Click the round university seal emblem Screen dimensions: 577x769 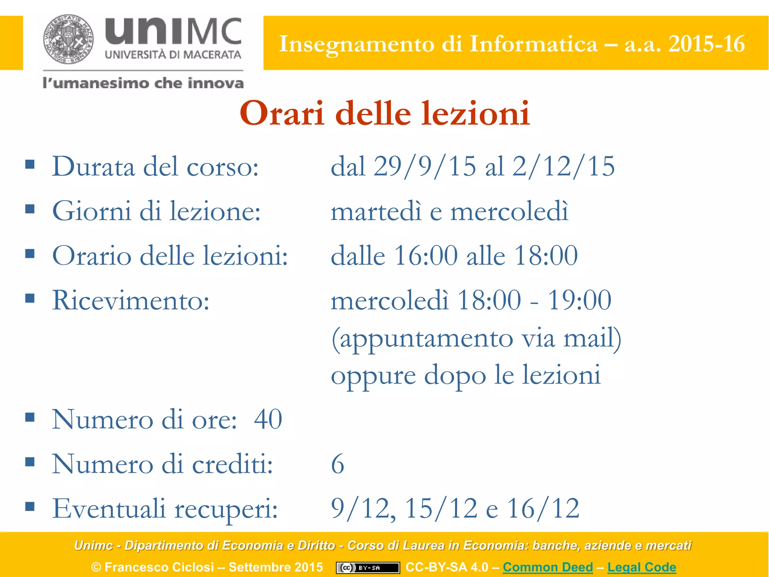[x=68, y=39]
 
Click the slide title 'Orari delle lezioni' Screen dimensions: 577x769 [x=384, y=113]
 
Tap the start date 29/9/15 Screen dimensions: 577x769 [x=424, y=166]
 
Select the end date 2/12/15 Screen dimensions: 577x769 [x=563, y=166]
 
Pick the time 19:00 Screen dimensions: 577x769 [x=579, y=301]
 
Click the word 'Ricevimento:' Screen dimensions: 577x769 [x=131, y=301]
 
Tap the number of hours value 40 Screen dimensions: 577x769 [x=268, y=419]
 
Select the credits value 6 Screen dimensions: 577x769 [x=337, y=464]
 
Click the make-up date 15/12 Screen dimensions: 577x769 [x=441, y=509]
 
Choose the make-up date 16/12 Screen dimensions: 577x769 [x=543, y=509]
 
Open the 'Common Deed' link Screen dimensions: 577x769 [x=548, y=567]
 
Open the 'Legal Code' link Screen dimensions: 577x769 [x=642, y=567]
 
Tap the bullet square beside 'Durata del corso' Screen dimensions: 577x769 [x=30, y=164]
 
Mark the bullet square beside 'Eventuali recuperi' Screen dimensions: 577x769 [x=30, y=507]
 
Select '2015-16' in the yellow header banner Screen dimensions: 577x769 [x=706, y=44]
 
